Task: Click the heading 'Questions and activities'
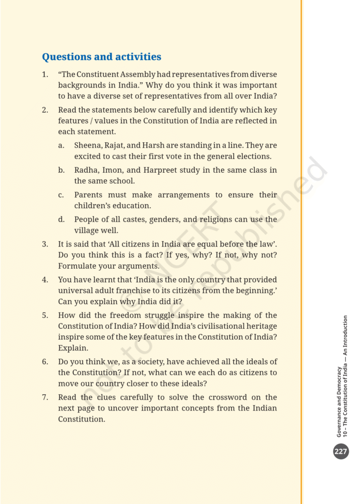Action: (101, 57)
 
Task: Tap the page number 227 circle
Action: (341, 451)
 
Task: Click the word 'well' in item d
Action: (111, 230)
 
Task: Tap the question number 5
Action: (45, 315)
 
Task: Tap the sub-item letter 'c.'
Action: (61, 194)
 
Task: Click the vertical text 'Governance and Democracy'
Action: (339, 401)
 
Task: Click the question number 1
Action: (45, 74)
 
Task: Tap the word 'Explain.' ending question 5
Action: (73, 347)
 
